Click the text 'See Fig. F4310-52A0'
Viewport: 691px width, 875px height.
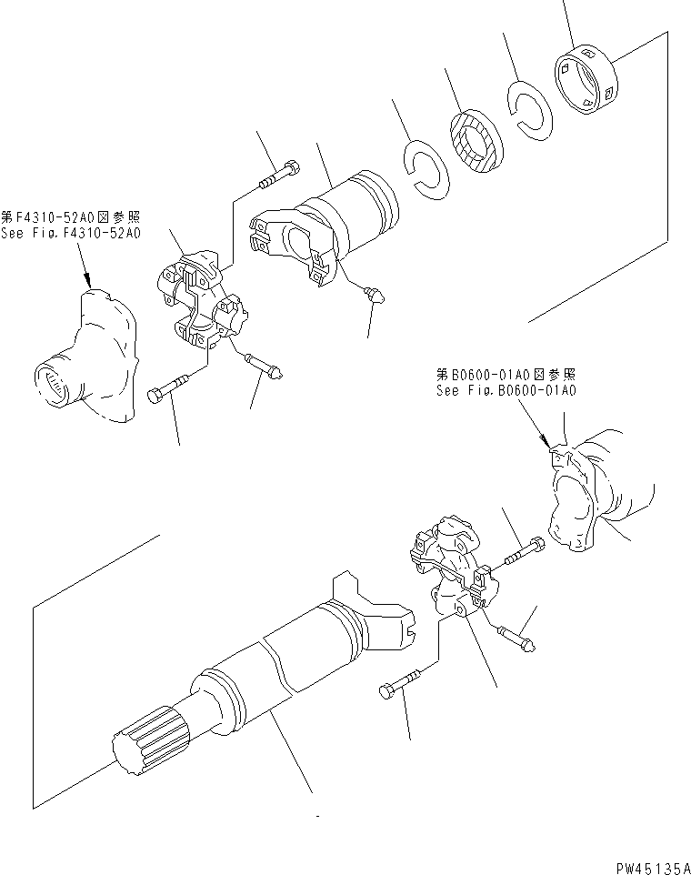coord(71,234)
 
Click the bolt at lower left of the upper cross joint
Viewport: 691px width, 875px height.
coord(169,388)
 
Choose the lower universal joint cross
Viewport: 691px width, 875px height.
coord(447,568)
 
